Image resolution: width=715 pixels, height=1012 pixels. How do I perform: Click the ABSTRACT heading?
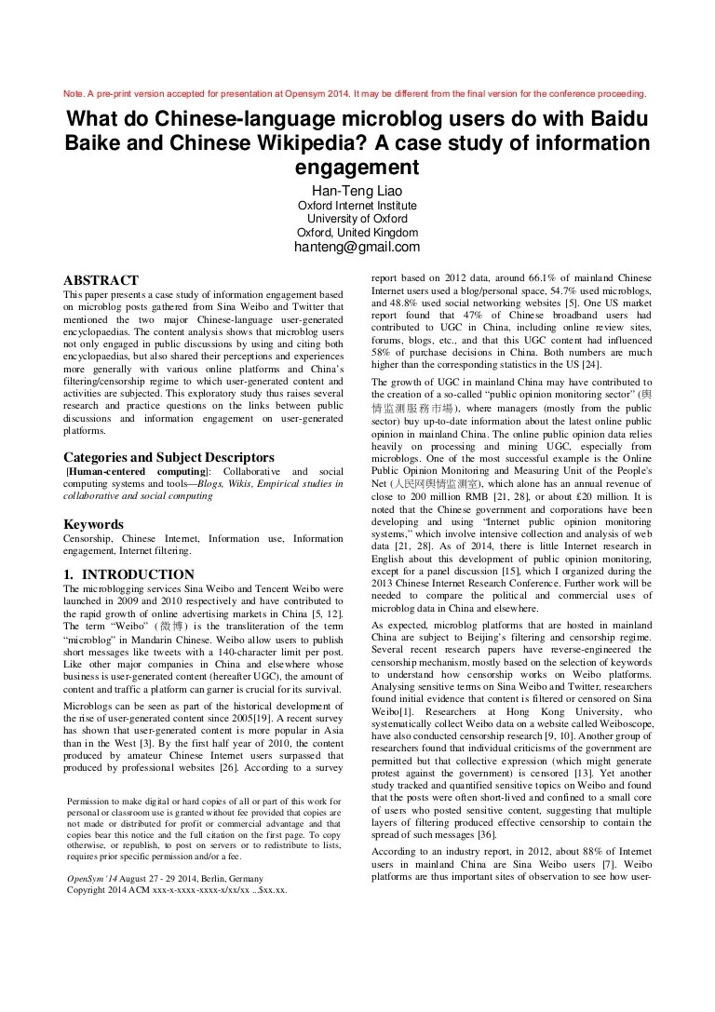(101, 280)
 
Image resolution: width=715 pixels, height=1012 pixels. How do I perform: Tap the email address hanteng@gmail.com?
(357, 247)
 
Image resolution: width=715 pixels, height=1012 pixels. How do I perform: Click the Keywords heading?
(93, 524)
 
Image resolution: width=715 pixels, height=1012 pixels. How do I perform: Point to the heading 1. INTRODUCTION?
(128, 574)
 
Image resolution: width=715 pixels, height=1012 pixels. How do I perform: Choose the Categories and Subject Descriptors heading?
(169, 457)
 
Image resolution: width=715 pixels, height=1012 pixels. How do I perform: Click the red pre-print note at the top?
(354, 94)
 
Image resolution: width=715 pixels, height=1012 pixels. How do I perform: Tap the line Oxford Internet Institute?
(357, 206)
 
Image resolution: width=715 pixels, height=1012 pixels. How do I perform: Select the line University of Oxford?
(357, 219)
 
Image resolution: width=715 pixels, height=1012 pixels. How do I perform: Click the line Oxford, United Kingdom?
(357, 233)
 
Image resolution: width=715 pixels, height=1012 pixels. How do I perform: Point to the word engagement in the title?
(357, 169)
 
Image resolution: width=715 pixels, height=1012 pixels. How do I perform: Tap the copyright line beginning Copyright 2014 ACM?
(177, 889)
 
